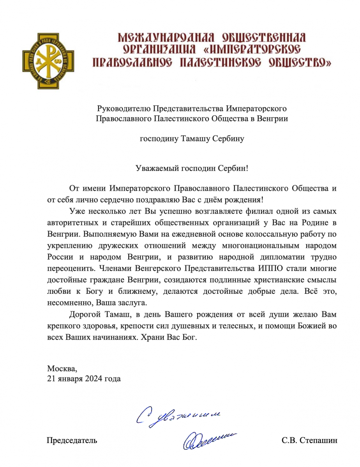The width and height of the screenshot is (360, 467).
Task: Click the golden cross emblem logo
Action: point(49,61)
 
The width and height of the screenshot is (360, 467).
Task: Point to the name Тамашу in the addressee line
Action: point(195,139)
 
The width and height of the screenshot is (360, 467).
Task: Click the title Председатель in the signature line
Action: point(72,441)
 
